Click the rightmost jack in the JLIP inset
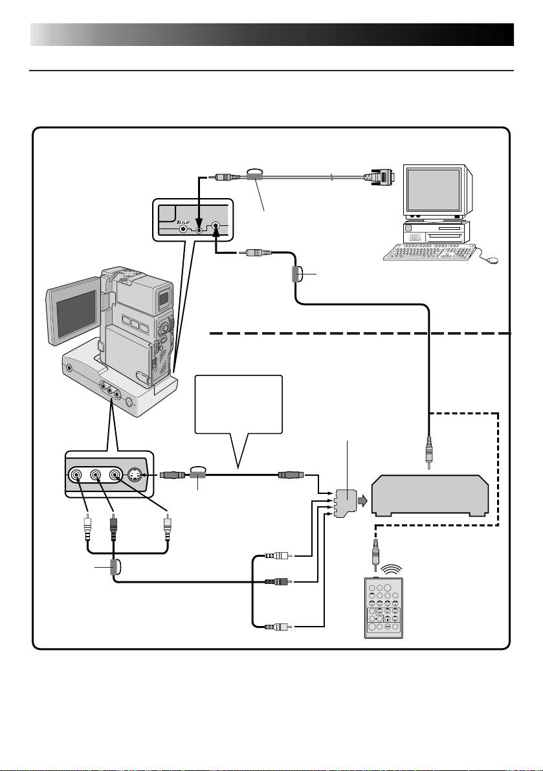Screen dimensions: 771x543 216,227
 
